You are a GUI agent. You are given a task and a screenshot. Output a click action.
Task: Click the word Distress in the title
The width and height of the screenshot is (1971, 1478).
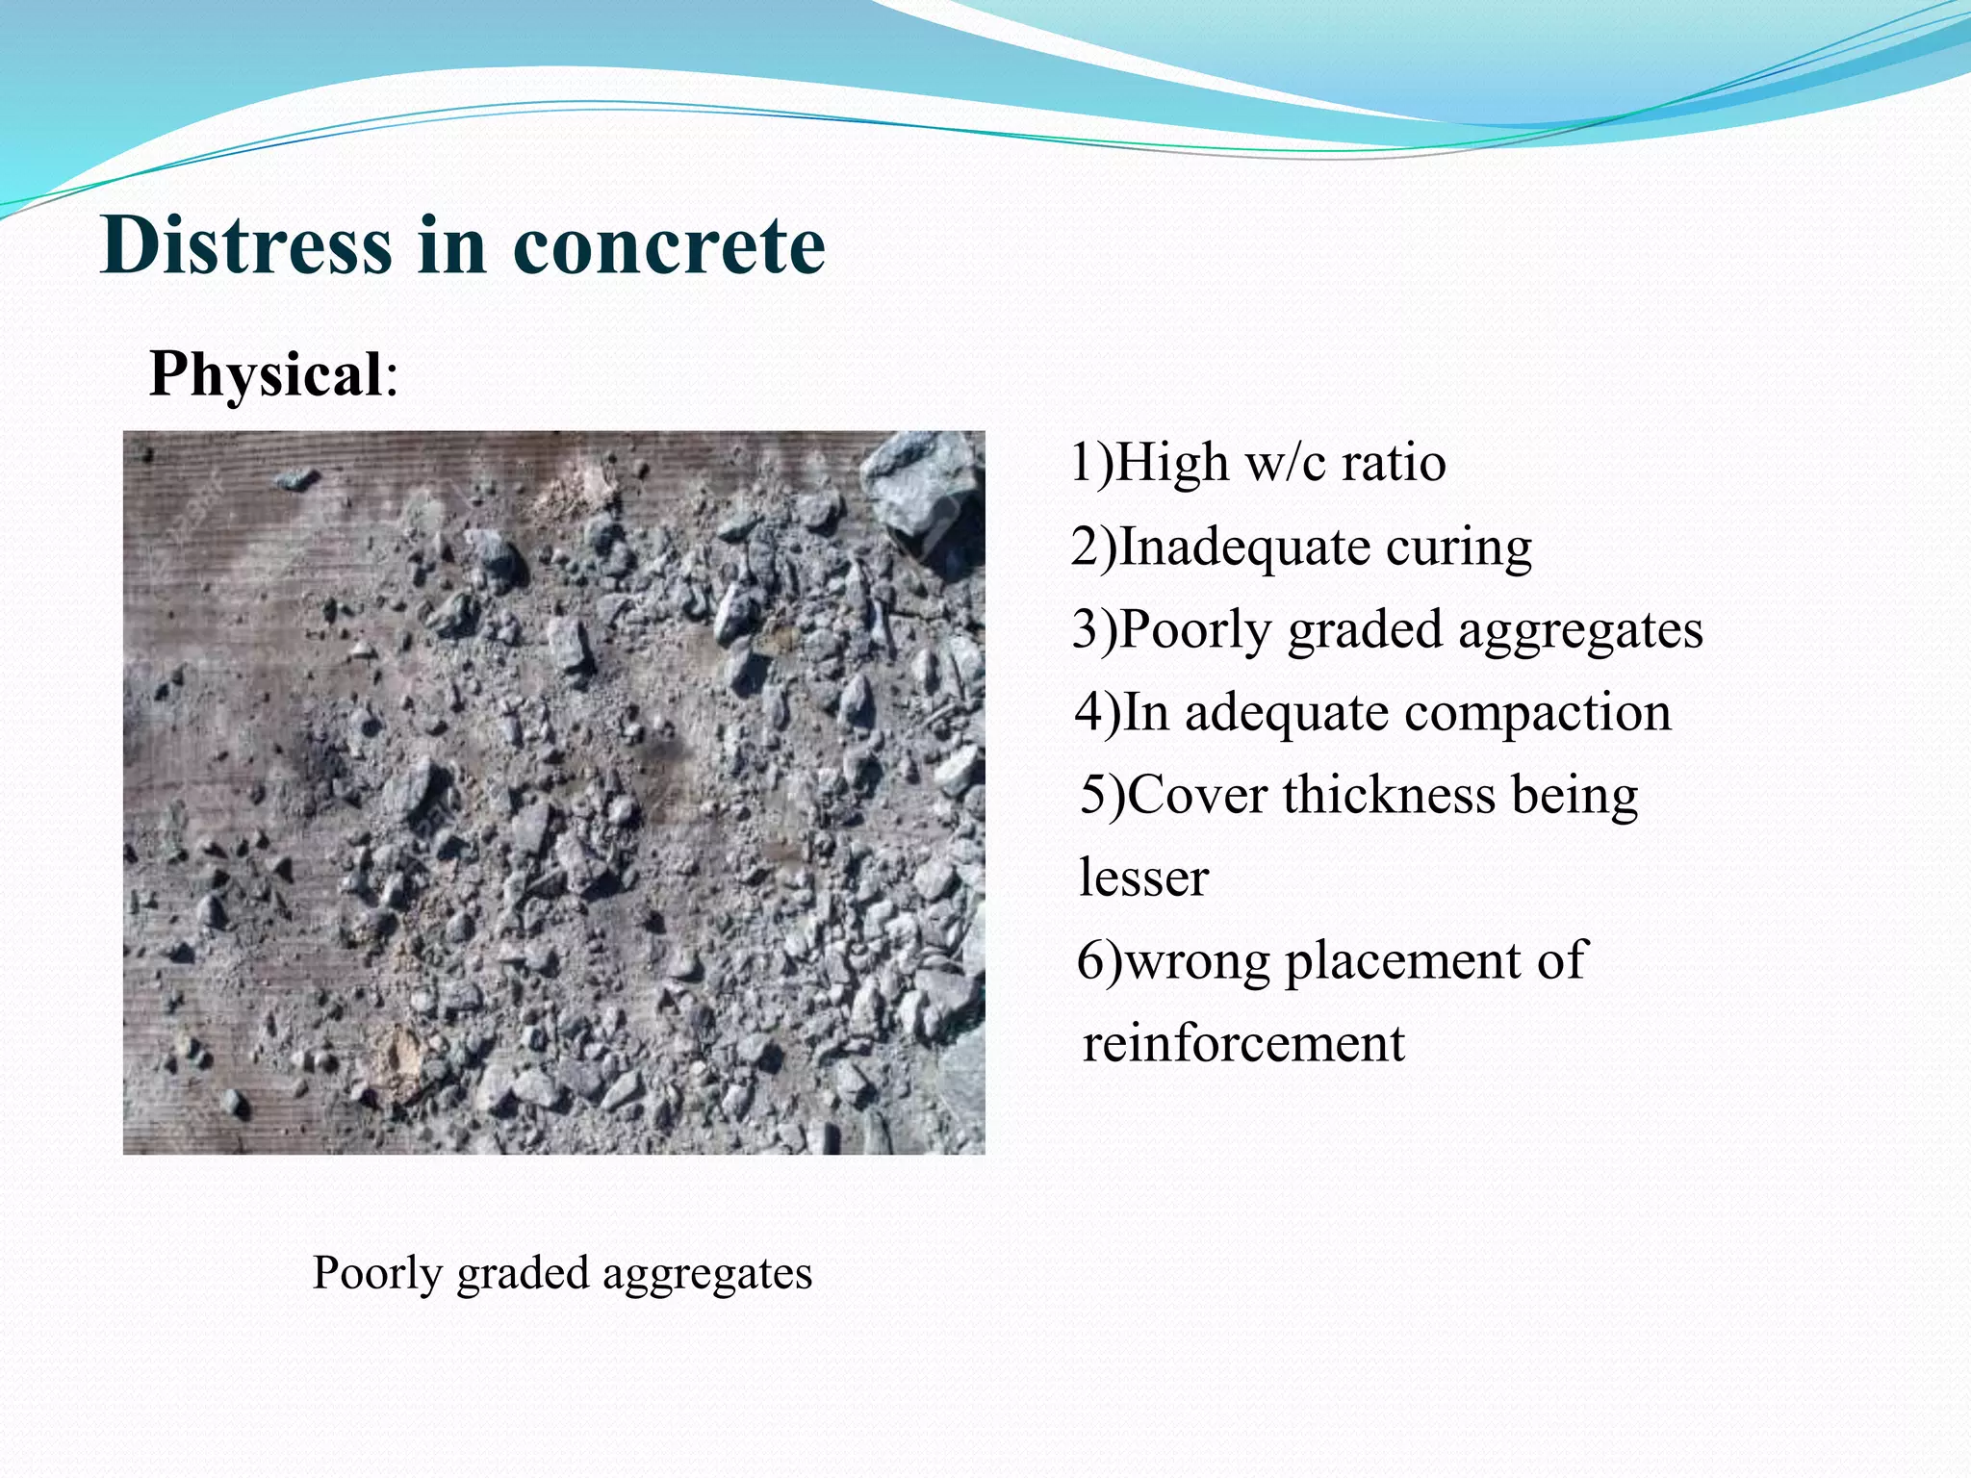coord(245,246)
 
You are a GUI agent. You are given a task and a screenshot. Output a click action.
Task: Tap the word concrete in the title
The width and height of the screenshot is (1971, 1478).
coord(669,246)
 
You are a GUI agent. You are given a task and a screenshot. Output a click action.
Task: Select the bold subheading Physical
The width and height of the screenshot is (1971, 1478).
coord(267,373)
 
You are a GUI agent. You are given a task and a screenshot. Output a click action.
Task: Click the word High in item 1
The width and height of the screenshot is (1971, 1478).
coord(1173,464)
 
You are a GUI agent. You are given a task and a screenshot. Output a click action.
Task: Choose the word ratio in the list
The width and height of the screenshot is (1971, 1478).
coord(1395,464)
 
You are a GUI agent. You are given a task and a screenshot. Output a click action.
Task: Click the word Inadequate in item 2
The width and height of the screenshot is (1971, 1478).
coord(1246,548)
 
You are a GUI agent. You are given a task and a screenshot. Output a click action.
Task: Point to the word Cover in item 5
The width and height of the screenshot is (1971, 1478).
coord(1196,797)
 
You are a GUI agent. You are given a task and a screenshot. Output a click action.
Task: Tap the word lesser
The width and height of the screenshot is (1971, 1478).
coord(1143,879)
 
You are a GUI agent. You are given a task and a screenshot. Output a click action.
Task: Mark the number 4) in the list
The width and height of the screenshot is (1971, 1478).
coord(1097,714)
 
